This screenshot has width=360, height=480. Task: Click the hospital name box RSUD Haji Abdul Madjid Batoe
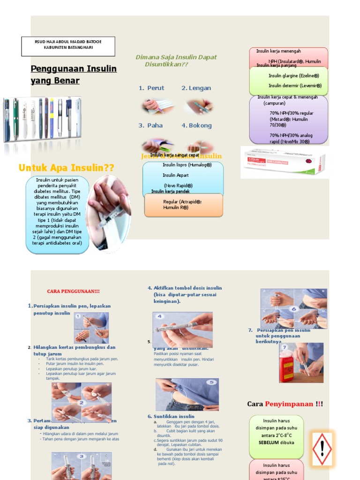(x=68, y=45)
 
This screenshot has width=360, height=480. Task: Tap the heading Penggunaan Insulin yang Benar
(x=73, y=75)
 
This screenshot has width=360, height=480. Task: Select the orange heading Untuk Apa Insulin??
(x=66, y=168)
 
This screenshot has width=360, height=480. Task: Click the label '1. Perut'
(x=151, y=88)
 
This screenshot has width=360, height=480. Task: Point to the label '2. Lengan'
(x=196, y=88)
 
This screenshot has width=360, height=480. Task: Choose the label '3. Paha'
(x=150, y=126)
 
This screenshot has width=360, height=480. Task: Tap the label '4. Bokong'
(x=196, y=126)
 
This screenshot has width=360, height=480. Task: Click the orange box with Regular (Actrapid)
(x=183, y=204)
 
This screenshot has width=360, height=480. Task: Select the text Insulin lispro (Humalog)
(x=187, y=165)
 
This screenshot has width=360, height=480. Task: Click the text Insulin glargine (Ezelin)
(x=293, y=75)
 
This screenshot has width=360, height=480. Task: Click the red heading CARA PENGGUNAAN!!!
(x=73, y=292)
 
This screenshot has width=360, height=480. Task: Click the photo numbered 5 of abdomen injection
(x=187, y=394)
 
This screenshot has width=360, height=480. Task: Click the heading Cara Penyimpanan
(x=285, y=404)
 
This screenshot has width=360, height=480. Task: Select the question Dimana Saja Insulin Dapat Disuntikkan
(x=176, y=60)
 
